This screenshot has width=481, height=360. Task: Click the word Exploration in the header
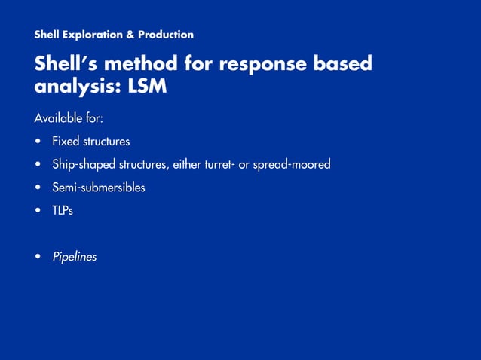[95, 35]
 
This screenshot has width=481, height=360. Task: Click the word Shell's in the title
[69, 64]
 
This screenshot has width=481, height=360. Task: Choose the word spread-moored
[292, 165]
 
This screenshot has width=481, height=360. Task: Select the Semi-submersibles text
[98, 188]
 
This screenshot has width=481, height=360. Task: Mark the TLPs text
[63, 211]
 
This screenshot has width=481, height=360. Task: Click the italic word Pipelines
[75, 258]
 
